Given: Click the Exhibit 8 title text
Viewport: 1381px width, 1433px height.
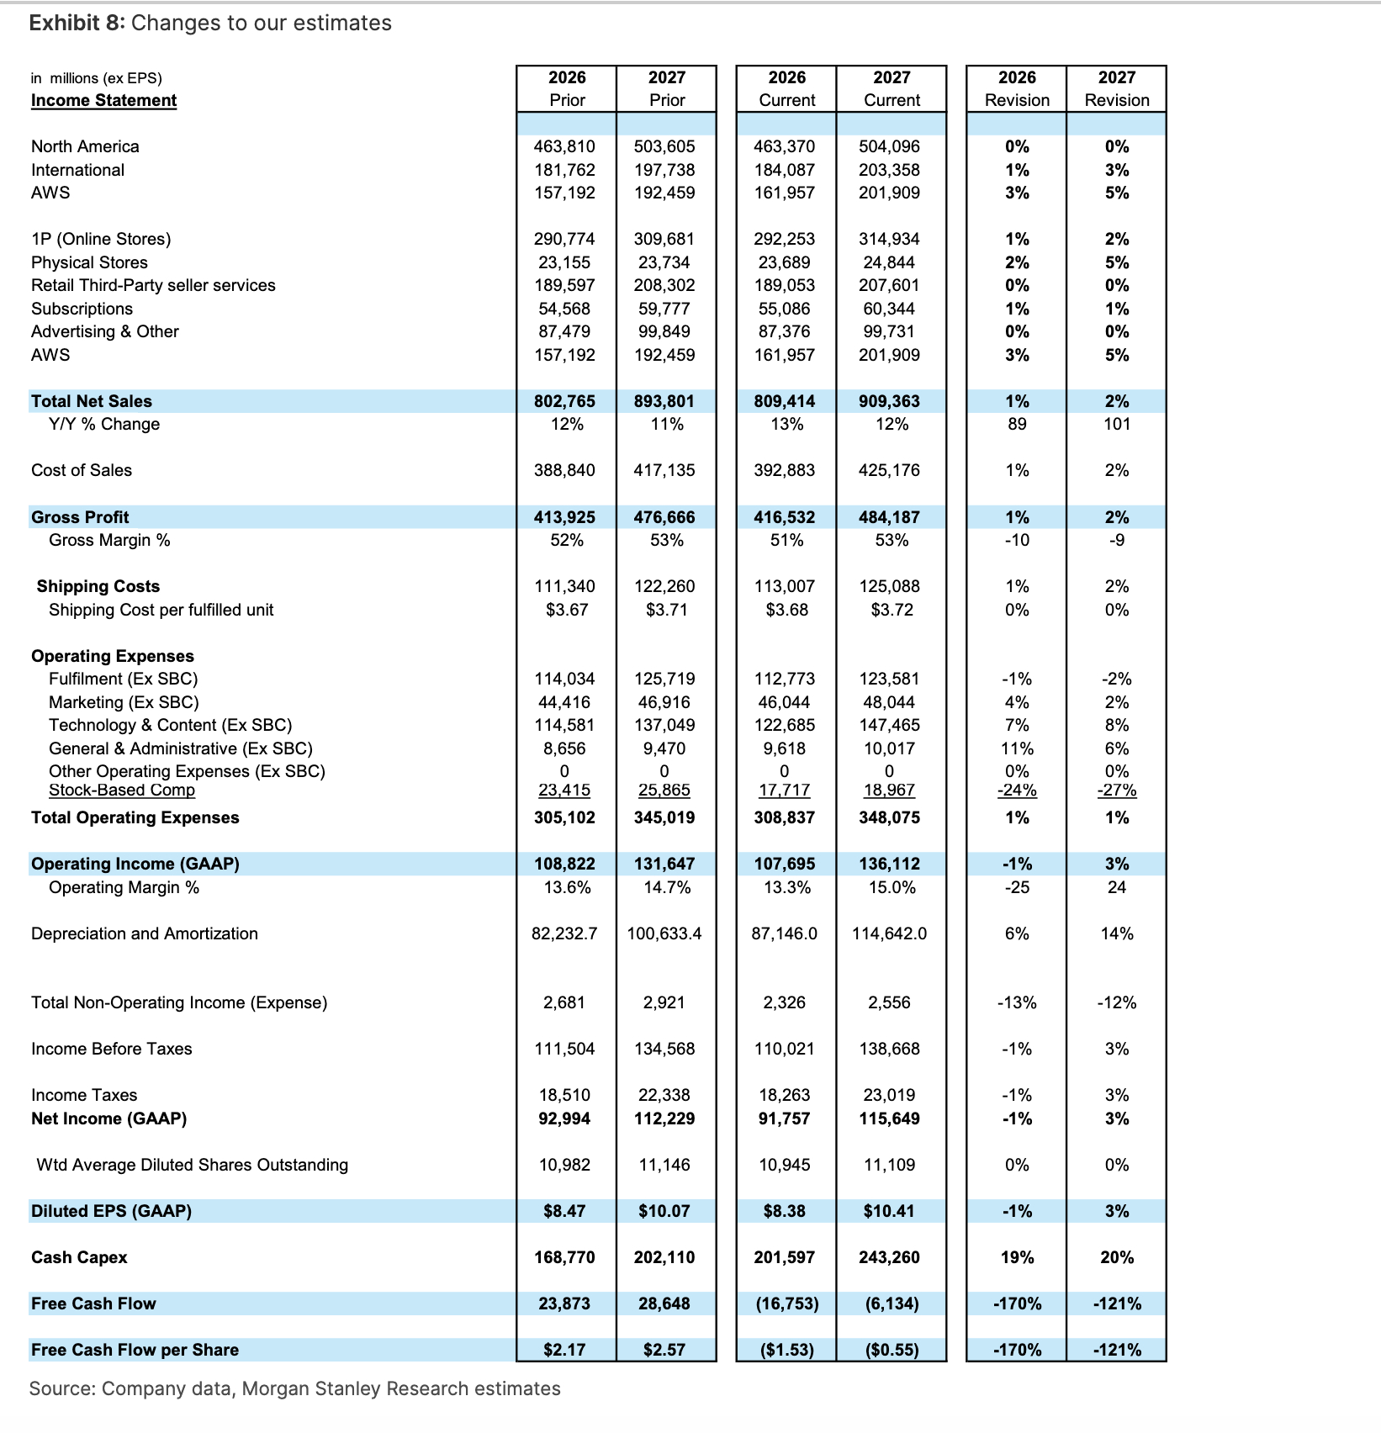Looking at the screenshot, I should (210, 23).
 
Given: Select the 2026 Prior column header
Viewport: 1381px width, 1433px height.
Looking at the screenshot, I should (567, 88).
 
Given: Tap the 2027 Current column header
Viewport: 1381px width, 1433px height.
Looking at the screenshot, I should (892, 88).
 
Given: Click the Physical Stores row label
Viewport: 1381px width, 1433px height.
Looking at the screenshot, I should (89, 262).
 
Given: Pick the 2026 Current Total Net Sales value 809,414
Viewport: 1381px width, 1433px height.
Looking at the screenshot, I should (784, 401).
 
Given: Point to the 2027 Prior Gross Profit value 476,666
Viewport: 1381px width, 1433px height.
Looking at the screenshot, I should (664, 517).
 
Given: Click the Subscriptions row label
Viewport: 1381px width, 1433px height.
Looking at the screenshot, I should (82, 309).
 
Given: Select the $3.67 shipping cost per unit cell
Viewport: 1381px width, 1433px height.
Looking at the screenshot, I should (567, 610).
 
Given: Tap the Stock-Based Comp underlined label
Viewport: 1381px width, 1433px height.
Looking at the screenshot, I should (122, 791).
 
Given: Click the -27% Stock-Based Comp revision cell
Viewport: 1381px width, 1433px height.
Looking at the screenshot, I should (1116, 791).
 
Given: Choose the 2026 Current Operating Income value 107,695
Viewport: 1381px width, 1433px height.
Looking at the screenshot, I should (784, 864).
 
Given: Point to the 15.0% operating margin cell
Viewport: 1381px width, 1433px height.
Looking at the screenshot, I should (892, 887).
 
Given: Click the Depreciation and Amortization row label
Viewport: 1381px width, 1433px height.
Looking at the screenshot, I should (145, 933).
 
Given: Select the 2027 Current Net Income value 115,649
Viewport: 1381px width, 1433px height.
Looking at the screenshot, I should (889, 1118).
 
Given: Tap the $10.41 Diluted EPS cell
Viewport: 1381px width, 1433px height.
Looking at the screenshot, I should (892, 1211).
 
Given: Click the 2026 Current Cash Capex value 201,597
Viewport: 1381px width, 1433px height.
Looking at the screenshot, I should (784, 1257).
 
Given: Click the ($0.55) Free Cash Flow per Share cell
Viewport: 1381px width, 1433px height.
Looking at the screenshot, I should (892, 1350).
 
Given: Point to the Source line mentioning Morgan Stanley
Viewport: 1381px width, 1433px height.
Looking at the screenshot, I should (294, 1388).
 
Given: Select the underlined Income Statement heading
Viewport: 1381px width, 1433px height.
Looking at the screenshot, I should (103, 101).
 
